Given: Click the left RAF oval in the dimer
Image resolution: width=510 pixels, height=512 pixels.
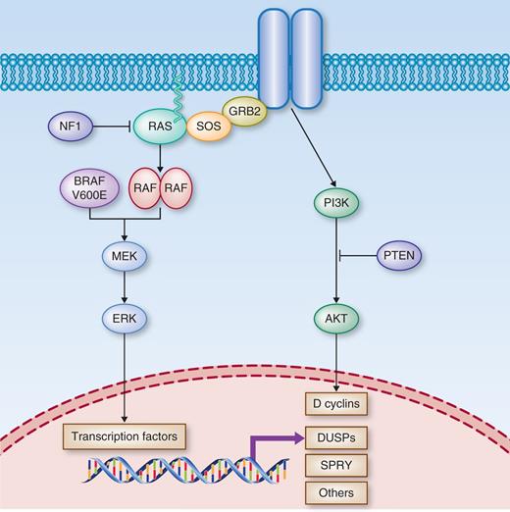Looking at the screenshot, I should click(x=146, y=188).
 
